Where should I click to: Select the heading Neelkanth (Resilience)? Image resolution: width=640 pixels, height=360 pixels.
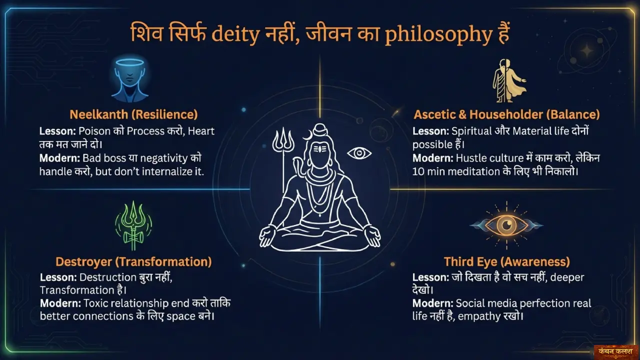[133, 114]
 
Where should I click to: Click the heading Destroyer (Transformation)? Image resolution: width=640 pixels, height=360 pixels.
[133, 261]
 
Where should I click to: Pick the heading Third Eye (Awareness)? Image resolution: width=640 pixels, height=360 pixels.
[506, 261]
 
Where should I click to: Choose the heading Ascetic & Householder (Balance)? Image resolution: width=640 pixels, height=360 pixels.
[506, 114]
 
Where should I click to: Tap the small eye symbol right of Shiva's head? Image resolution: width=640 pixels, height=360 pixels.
[359, 152]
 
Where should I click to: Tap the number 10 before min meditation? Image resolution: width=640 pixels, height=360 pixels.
[419, 171]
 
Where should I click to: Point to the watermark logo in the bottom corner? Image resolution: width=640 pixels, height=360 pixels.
[615, 351]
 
